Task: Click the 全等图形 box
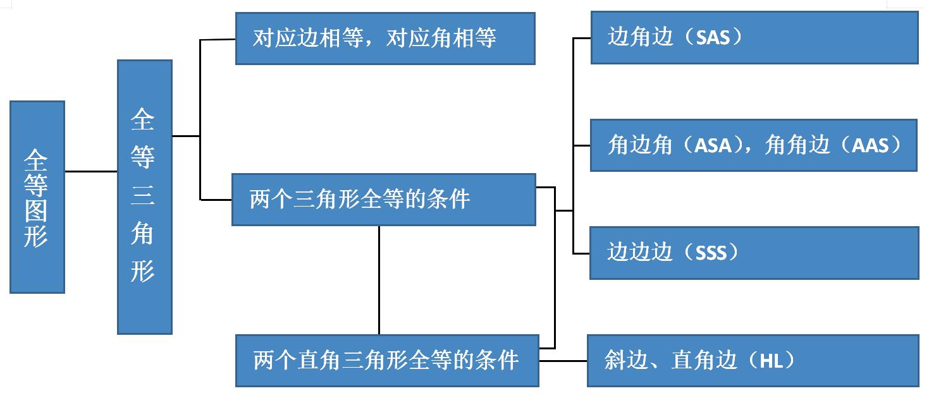(37, 196)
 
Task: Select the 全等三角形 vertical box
(144, 196)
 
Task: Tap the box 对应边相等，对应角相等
(385, 39)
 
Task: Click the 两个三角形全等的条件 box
(383, 200)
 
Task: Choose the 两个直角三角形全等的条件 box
(386, 361)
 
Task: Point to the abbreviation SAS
(713, 37)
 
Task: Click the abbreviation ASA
(713, 146)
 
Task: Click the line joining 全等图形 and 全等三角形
(91, 171)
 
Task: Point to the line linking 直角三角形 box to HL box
(563, 361)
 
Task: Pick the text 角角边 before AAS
(797, 146)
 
